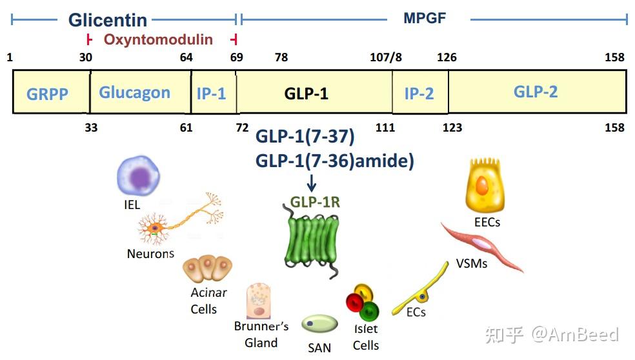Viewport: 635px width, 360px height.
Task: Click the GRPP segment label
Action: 47,94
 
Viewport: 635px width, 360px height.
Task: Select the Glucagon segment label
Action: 134,92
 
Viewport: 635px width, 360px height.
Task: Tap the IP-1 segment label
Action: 211,94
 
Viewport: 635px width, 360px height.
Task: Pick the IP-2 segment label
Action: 419,94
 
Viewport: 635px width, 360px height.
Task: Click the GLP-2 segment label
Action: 536,92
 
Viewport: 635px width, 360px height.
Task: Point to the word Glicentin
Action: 108,20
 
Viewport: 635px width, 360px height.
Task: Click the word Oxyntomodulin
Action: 158,39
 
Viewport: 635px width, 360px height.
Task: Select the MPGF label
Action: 425,18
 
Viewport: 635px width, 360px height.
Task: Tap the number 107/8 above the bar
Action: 386,57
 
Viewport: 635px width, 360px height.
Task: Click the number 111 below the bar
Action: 385,128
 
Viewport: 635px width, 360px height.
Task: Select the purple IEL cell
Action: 137,177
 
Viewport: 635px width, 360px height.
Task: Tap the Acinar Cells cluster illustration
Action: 207,269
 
